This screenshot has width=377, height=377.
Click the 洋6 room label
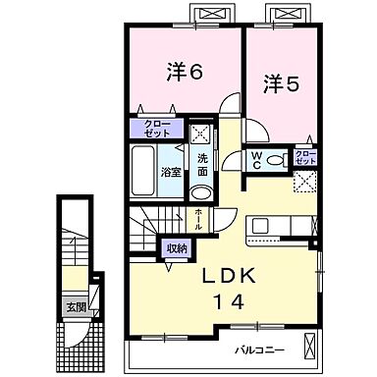point(183,73)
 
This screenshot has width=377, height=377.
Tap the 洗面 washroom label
point(201,162)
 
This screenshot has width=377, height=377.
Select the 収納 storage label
point(176,248)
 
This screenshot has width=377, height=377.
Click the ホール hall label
point(198,218)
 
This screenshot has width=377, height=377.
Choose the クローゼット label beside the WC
point(305,157)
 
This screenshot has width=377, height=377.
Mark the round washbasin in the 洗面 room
point(200,191)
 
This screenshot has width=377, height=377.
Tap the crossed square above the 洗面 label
point(199,135)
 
